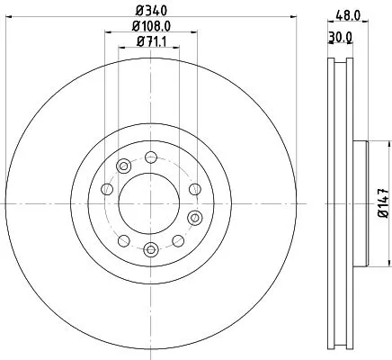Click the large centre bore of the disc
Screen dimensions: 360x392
tap(149, 193)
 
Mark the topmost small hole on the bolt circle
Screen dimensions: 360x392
tap(149, 157)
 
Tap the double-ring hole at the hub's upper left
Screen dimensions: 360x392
tap(123, 166)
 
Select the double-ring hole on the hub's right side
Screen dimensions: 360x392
tap(193, 217)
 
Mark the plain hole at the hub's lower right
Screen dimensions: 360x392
tap(177, 240)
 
